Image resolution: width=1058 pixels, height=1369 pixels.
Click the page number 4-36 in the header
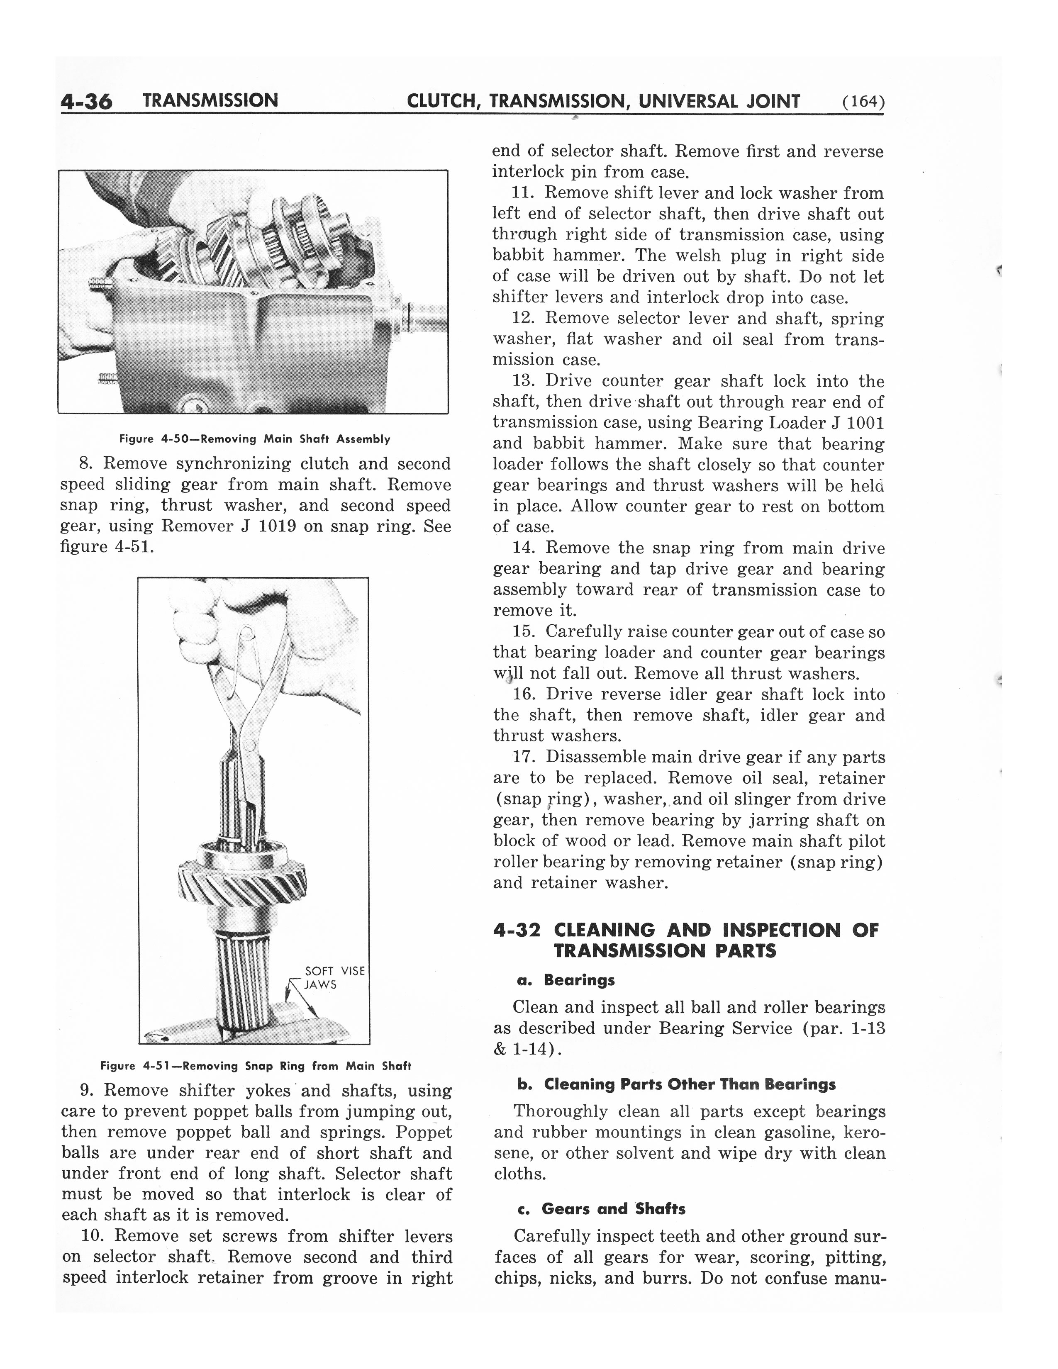[86, 102]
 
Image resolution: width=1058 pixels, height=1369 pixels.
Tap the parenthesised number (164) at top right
[863, 102]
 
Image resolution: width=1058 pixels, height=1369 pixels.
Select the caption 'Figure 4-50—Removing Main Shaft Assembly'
[254, 439]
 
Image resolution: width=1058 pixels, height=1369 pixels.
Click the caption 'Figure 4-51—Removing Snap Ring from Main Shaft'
[256, 1066]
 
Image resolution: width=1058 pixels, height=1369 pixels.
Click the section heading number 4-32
[517, 930]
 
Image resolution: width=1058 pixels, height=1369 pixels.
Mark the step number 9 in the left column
[86, 1091]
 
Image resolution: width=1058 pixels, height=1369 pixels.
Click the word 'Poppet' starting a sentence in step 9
[424, 1132]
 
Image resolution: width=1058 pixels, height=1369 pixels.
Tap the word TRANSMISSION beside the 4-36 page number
[210, 100]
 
